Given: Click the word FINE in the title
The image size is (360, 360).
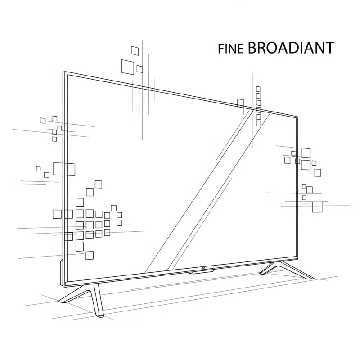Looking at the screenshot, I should click(x=230, y=49).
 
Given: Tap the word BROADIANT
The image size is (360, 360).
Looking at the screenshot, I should click(x=291, y=48).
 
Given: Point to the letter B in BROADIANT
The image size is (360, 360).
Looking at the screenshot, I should click(x=253, y=48).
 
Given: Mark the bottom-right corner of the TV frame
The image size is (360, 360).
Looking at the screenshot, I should click(x=297, y=258).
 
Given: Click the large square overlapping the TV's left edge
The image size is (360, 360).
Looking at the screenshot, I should click(x=63, y=169).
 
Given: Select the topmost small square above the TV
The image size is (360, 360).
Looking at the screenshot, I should click(x=134, y=49).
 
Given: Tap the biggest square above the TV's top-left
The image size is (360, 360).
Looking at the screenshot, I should click(x=128, y=66).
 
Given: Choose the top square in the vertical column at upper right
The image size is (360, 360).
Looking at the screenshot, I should click(x=258, y=89).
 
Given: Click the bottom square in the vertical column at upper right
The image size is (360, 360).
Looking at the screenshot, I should click(x=258, y=123).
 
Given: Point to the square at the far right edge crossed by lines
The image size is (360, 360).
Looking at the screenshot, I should click(x=317, y=207).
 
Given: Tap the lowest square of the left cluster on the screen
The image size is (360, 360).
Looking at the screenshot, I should click(x=90, y=255).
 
